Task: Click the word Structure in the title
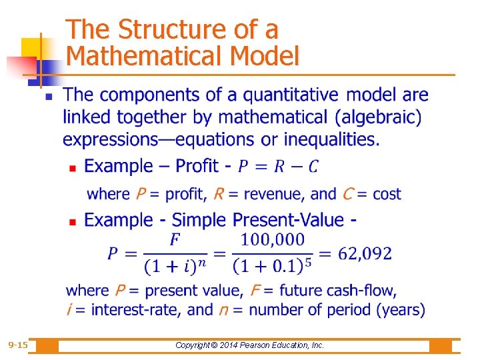(x=171, y=30)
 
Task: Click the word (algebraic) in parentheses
(x=379, y=117)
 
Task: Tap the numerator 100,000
(x=272, y=239)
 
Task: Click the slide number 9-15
(x=18, y=345)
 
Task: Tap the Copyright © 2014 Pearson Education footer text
(x=249, y=345)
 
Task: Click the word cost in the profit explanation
(x=387, y=194)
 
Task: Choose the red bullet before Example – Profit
(x=73, y=167)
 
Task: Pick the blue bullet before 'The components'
(x=48, y=97)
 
